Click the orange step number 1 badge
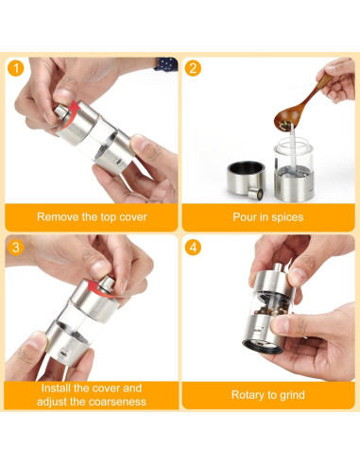click(16, 68)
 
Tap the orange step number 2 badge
click(193, 68)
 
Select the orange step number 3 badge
click(16, 248)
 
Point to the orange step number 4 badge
click(193, 248)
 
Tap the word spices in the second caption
click(287, 217)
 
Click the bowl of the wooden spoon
click(286, 120)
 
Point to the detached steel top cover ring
click(246, 179)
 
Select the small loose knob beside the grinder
click(255, 194)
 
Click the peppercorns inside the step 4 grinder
click(271, 307)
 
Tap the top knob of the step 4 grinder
click(278, 267)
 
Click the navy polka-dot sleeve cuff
click(166, 64)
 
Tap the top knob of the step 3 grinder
click(108, 283)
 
